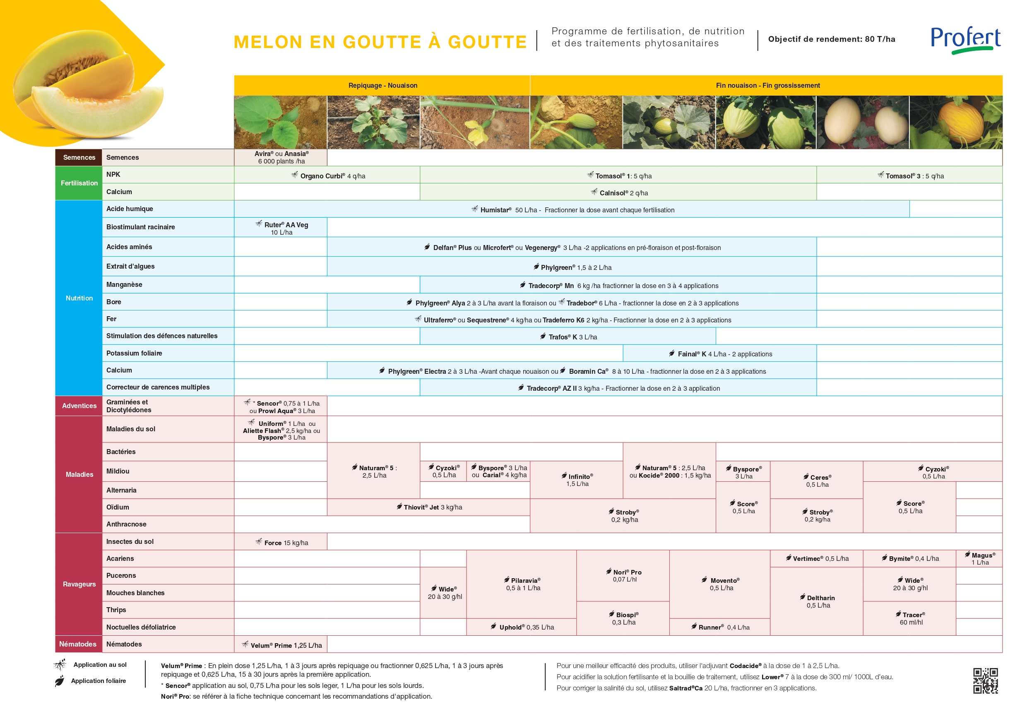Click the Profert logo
click(965, 40)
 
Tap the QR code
click(986, 680)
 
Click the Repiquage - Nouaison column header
click(382, 85)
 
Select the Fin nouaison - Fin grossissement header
click(767, 85)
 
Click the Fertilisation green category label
click(79, 183)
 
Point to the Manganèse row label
click(124, 284)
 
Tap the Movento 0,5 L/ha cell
click(721, 584)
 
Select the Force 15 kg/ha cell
click(282, 542)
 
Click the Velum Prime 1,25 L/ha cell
click(282, 644)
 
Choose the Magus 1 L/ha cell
click(979, 558)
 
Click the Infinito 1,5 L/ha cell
click(577, 480)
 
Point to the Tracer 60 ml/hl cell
click(910, 618)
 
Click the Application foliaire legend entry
click(98, 680)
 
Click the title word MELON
click(268, 42)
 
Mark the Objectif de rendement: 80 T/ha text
click(832, 39)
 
